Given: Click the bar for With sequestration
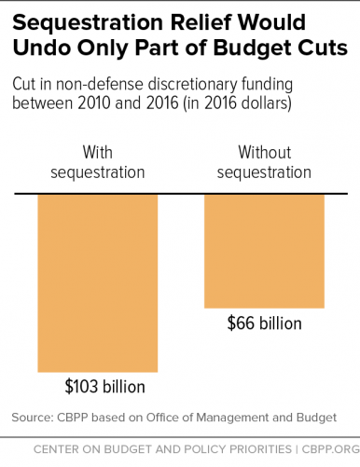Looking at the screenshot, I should coord(97,283).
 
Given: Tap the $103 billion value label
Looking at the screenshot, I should coord(104,386).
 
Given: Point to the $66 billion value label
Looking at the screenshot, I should coord(264,323).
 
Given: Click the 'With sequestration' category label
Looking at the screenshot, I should coord(98,161).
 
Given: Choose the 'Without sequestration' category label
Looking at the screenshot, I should coord(264,161).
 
